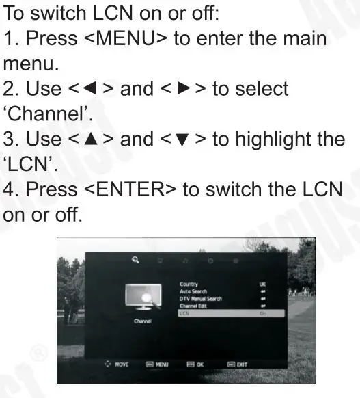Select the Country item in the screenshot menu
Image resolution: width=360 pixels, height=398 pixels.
point(189,284)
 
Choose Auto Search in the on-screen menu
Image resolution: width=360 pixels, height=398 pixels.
point(193,291)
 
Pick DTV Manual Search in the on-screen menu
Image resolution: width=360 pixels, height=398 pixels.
point(200,298)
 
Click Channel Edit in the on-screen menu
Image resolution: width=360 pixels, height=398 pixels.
point(193,306)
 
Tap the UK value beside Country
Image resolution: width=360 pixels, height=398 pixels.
point(263,284)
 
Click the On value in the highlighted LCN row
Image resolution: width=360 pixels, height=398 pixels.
point(263,313)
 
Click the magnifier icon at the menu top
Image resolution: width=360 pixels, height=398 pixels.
point(135,260)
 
